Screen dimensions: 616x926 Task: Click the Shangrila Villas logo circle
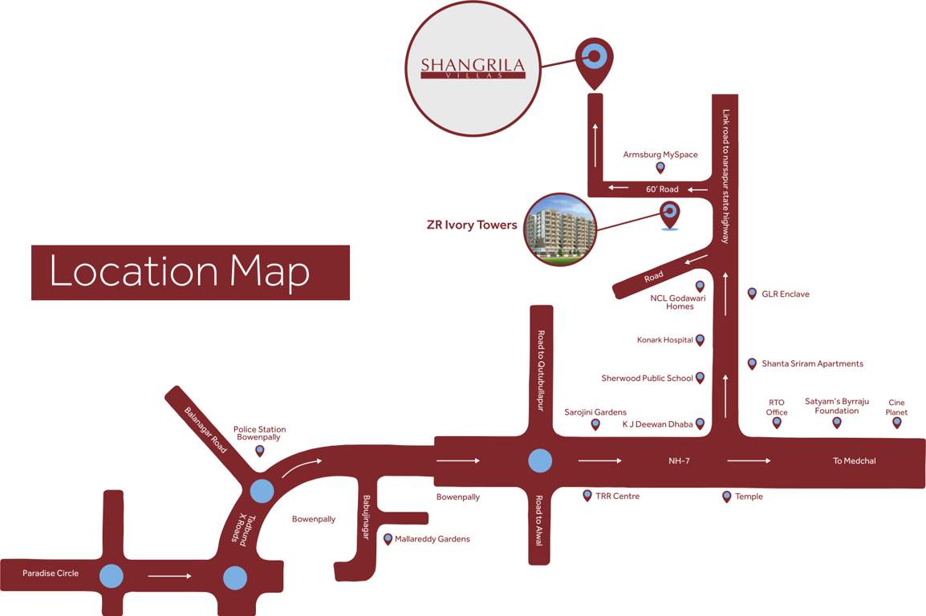[473, 67]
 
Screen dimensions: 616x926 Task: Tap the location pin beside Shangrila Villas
[595, 59]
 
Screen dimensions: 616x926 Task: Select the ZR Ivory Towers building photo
[560, 228]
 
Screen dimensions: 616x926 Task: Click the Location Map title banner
[190, 273]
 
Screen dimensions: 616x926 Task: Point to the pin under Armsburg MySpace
[660, 168]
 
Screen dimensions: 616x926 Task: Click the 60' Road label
[663, 189]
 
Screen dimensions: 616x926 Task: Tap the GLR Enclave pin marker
[752, 294]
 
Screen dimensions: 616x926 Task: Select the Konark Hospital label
[664, 340]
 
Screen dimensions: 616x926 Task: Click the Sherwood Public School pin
[700, 378]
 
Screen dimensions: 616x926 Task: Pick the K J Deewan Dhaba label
[657, 423]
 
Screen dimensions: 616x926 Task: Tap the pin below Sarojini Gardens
[595, 424]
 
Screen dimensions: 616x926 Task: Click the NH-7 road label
[679, 461]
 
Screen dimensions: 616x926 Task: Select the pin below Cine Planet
[897, 423]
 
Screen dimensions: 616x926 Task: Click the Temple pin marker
[727, 496]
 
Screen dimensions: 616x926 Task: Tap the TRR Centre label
[617, 496]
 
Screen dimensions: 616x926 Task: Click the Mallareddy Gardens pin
[388, 539]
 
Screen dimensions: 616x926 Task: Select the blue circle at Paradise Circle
[112, 575]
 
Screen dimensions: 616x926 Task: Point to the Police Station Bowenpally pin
[259, 451]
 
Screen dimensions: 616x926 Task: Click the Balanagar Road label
[206, 430]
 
